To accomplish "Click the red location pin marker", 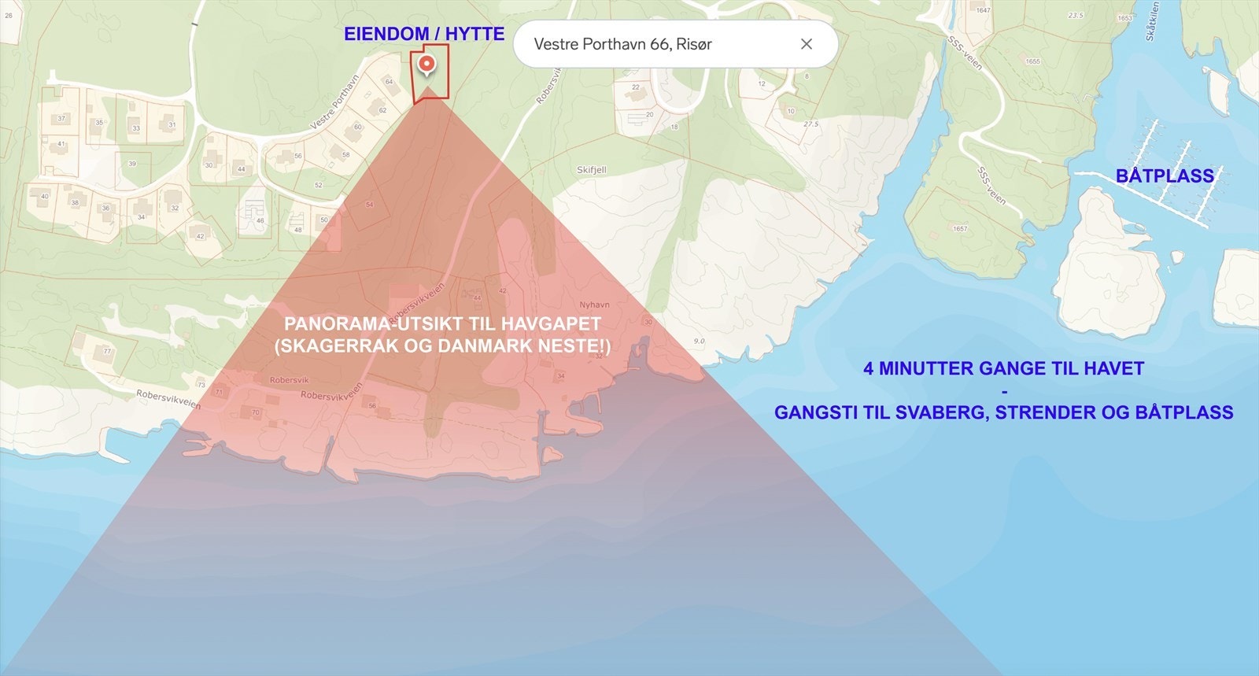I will [x=426, y=65].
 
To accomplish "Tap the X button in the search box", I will [x=806, y=44].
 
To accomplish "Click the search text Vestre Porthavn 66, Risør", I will [x=622, y=44].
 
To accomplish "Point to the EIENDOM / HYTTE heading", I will [x=423, y=34].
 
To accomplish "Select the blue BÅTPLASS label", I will [x=1165, y=175].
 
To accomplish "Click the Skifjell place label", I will [x=592, y=170].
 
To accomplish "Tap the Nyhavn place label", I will [x=594, y=305].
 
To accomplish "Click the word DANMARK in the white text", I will [x=495, y=346].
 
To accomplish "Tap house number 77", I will [x=107, y=352].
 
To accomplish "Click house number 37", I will [x=61, y=119].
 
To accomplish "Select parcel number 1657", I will [x=960, y=229].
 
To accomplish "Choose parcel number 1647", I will [x=984, y=11].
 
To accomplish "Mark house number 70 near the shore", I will [x=255, y=412].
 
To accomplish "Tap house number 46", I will [x=260, y=220].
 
